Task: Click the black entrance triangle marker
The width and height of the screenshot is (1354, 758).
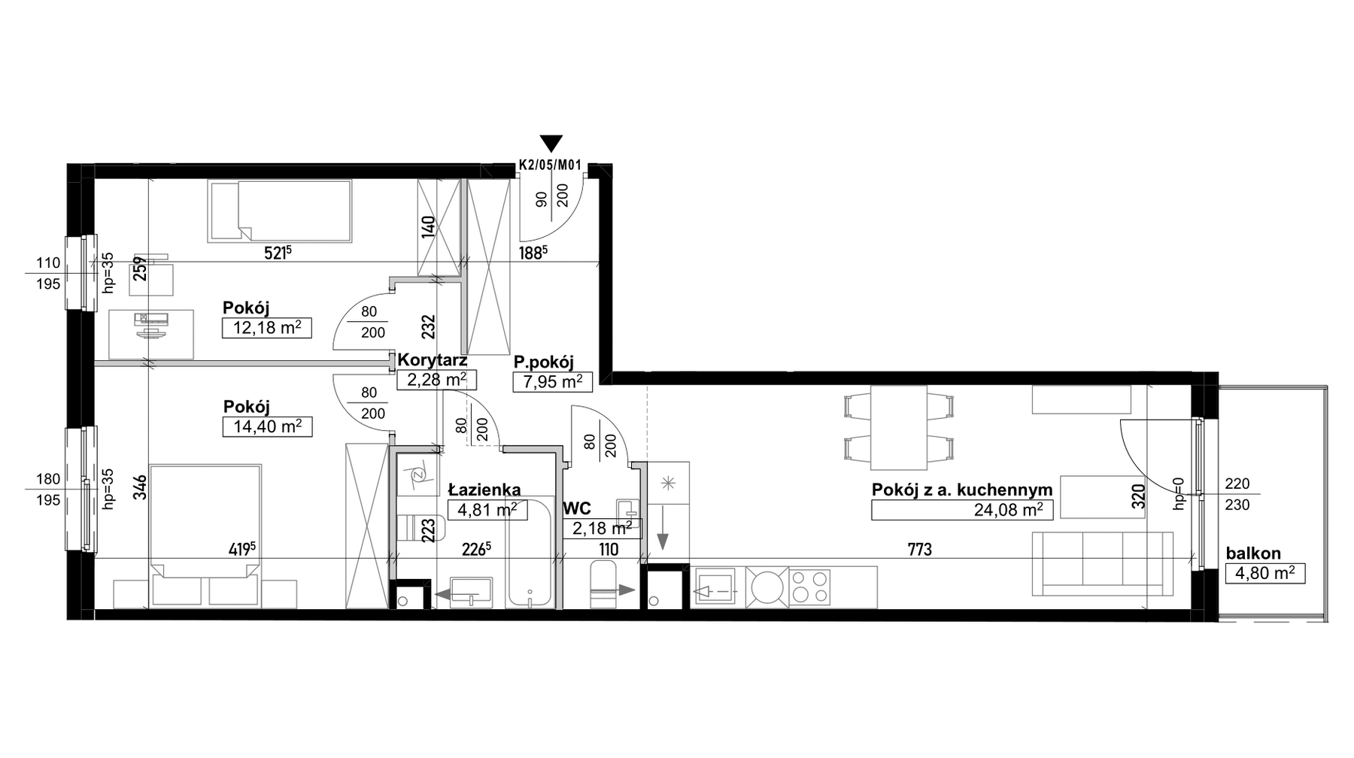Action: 551,144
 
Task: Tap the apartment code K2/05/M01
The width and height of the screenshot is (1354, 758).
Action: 551,167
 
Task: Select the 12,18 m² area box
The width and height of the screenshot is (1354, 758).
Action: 267,328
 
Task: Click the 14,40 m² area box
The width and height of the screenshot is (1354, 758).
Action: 268,427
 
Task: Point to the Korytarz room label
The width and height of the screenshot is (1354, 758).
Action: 433,360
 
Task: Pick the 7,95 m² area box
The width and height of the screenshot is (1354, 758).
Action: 553,382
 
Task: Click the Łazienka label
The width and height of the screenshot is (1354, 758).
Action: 484,490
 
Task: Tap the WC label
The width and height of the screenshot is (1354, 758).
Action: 576,509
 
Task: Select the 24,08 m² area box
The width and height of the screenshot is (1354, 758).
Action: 962,510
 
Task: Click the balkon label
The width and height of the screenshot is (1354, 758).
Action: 1253,553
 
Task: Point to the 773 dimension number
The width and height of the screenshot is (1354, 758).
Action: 919,550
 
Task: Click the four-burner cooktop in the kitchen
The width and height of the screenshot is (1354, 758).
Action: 811,587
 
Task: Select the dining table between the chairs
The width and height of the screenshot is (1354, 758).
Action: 899,427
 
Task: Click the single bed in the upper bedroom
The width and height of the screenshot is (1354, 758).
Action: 280,211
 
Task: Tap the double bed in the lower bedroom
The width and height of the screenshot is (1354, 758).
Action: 205,535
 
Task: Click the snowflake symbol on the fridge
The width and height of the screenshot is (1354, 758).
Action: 667,481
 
